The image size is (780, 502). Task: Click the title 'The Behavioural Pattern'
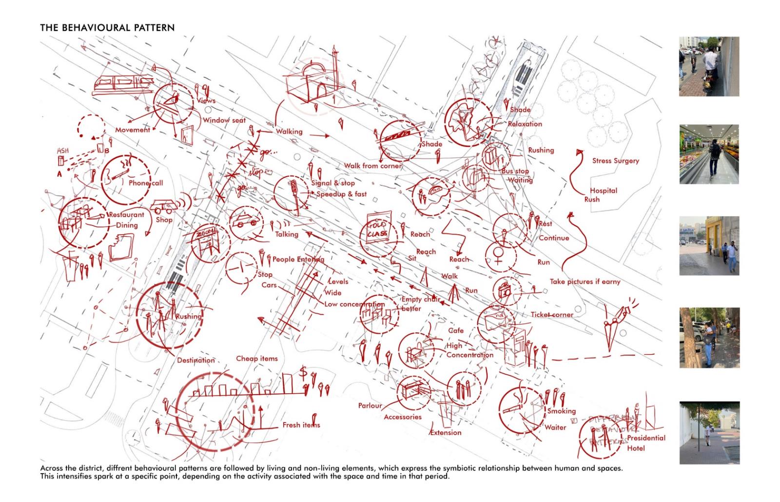pyautogui.click(x=107, y=28)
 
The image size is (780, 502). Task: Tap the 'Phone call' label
pyautogui.click(x=146, y=183)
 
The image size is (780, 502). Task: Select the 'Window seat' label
pyautogui.click(x=224, y=120)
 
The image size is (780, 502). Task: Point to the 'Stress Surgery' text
pyautogui.click(x=615, y=161)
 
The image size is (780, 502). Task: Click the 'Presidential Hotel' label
pyautogui.click(x=645, y=443)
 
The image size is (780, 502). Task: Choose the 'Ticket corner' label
pyautogui.click(x=552, y=315)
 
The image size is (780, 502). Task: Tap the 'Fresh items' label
pyautogui.click(x=301, y=425)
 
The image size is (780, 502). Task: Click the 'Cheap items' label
pyautogui.click(x=257, y=359)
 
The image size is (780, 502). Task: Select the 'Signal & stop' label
pyautogui.click(x=333, y=183)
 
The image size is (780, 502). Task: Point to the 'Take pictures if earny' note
pyautogui.click(x=585, y=282)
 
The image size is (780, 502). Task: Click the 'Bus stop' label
pyautogui.click(x=515, y=172)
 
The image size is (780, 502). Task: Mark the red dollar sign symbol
pyautogui.click(x=303, y=373)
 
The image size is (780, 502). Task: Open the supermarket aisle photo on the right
pyautogui.click(x=709, y=154)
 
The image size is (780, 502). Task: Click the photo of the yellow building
pyautogui.click(x=709, y=245)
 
